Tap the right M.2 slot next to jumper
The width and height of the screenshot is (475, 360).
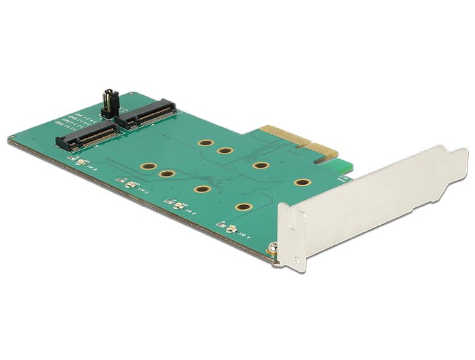point(147,115)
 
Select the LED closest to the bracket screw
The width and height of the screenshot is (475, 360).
point(229,230)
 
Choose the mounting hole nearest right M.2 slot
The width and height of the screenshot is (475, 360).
point(204,145)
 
